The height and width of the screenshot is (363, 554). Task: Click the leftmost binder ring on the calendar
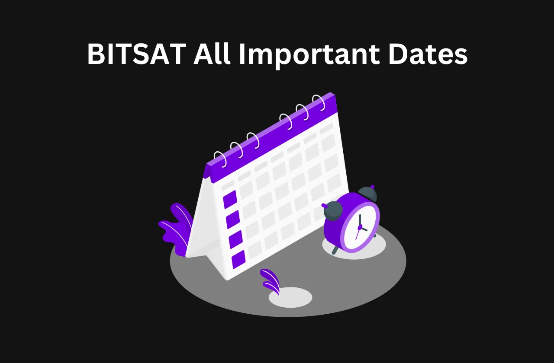point(220,158)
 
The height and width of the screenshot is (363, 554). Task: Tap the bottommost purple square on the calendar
point(238,260)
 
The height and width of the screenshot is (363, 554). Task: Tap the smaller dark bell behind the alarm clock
point(367,193)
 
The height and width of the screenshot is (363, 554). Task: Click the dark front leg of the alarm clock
point(335,250)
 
